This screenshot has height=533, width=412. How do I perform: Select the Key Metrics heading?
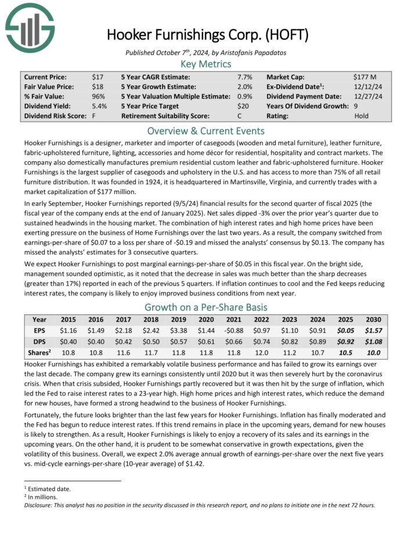coord(205,64)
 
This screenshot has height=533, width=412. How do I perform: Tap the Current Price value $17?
coord(97,77)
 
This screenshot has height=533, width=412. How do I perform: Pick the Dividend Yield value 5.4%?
coord(99,106)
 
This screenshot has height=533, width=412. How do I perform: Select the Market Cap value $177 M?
coord(365,77)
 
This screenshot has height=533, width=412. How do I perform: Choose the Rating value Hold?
coord(361,116)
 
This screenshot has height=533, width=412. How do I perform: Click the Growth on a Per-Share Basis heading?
coord(205,307)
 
